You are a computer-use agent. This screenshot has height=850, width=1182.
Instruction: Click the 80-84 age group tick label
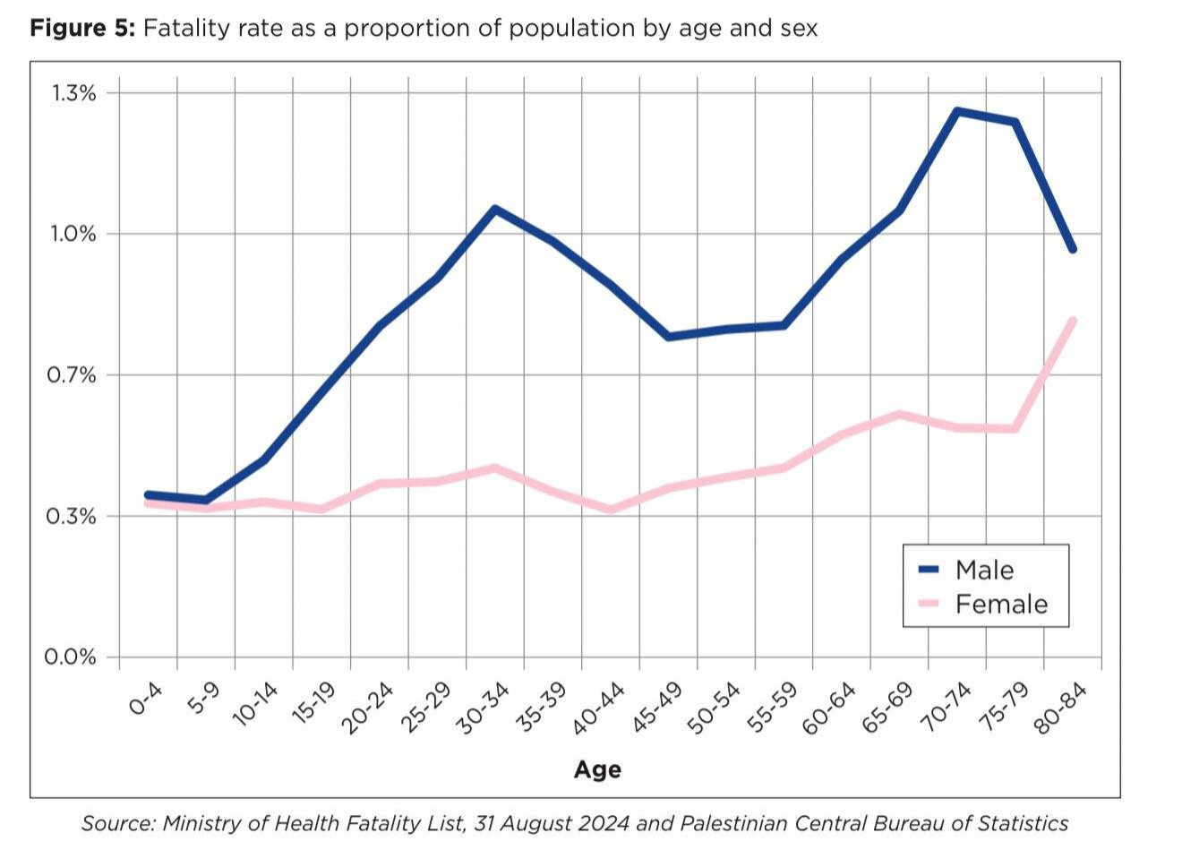click(x=1065, y=708)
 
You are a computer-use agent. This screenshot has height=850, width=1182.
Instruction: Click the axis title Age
click(x=597, y=769)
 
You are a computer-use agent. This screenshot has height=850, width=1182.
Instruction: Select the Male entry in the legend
click(x=984, y=570)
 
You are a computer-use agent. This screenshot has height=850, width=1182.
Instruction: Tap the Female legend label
click(x=1001, y=604)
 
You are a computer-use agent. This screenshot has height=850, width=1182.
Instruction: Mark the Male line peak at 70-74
click(x=957, y=111)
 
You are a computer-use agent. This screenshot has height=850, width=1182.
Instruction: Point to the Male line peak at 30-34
click(x=495, y=210)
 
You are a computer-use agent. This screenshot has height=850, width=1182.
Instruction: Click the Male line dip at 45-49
click(x=668, y=337)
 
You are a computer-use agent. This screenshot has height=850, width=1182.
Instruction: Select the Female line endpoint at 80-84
click(x=1072, y=321)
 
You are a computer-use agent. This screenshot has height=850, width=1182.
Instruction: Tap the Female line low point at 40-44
click(x=611, y=510)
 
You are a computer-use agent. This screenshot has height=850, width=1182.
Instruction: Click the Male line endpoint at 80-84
click(x=1072, y=249)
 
